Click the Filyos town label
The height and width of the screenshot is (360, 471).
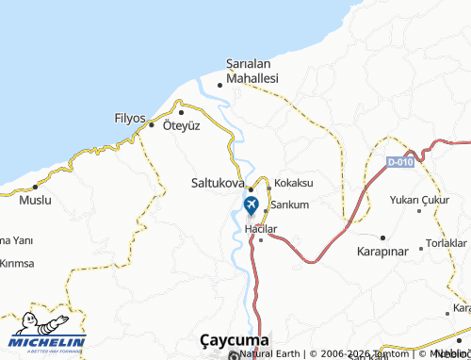click(129, 119)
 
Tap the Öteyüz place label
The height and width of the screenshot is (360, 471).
click(182, 125)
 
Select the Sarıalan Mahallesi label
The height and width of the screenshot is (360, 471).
click(252, 72)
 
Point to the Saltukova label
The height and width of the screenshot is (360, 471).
click(219, 183)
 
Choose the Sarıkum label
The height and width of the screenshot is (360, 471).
click(290, 204)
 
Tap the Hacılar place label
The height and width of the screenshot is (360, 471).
click(261, 229)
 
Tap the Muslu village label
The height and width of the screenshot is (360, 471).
click(36, 201)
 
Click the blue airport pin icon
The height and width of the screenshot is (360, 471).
click(251, 205)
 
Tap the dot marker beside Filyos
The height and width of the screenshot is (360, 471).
click(151, 123)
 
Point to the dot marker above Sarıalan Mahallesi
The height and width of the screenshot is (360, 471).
click(220, 85)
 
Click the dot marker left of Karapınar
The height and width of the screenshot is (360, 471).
click(384, 237)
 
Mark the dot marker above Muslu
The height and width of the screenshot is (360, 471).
click(23, 188)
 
